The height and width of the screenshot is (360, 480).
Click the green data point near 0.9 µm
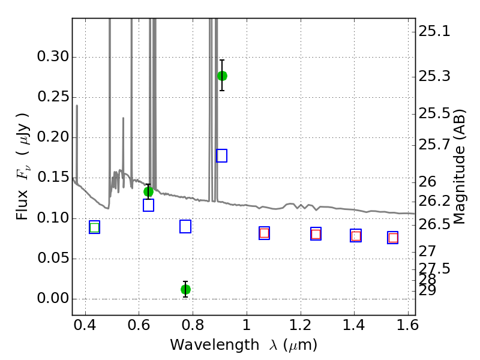click(222, 76)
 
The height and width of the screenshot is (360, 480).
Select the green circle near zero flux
click(185, 289)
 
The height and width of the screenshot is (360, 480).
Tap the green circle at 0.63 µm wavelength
click(148, 192)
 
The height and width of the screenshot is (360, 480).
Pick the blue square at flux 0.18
click(221, 155)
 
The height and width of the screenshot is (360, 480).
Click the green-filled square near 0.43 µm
click(95, 228)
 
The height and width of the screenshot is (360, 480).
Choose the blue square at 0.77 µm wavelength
click(185, 227)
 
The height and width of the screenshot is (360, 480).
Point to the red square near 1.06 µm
click(264, 233)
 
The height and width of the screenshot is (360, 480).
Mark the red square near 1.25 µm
click(316, 235)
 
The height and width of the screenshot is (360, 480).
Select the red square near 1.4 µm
click(356, 236)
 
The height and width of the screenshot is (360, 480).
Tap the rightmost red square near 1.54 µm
click(393, 238)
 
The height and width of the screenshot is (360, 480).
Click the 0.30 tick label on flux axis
click(53, 56)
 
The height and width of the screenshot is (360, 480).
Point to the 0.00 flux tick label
click(53, 298)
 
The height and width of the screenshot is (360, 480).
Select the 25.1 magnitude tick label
click(434, 31)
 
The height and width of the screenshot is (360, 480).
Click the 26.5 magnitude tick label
click(434, 224)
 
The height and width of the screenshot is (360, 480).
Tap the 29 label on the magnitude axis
click(427, 290)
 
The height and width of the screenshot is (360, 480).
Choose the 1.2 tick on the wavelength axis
click(301, 325)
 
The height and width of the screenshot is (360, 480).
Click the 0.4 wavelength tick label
click(85, 325)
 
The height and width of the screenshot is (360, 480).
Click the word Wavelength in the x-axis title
click(215, 345)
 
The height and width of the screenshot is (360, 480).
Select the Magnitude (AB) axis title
click(458, 167)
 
